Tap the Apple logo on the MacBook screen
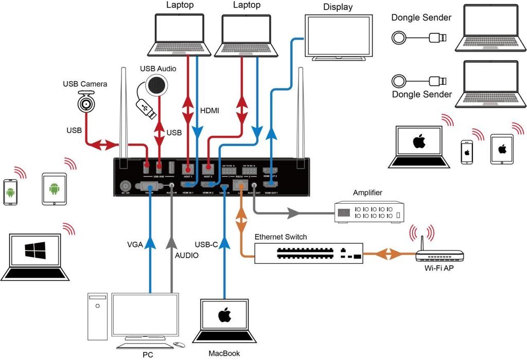pyautogui.click(x=224, y=315)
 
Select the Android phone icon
pyautogui.click(x=11, y=192)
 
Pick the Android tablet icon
pyautogui.click(x=54, y=189)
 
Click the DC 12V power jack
pyautogui.click(x=124, y=187)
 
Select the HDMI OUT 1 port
pyautogui.click(x=271, y=184)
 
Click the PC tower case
pyautogui.click(x=96, y=316)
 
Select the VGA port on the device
pyautogui.click(x=150, y=187)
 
